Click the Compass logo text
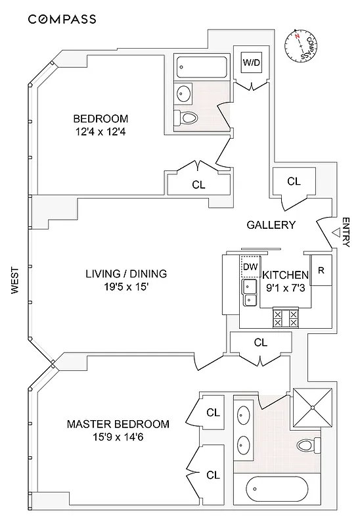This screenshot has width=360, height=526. click(62, 19)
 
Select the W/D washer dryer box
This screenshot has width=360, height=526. click(251, 63)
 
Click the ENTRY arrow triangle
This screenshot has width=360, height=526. click(336, 232)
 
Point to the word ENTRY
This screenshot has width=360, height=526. click(347, 233)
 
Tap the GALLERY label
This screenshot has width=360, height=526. click(271, 225)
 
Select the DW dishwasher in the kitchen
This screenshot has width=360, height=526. click(249, 266)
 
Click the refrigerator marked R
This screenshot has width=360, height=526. click(321, 270)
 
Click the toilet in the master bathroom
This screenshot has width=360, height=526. click(305, 446)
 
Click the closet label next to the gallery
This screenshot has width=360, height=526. click(294, 181)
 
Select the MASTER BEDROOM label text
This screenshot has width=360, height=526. click(118, 424)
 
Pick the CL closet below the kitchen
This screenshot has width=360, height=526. click(260, 343)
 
